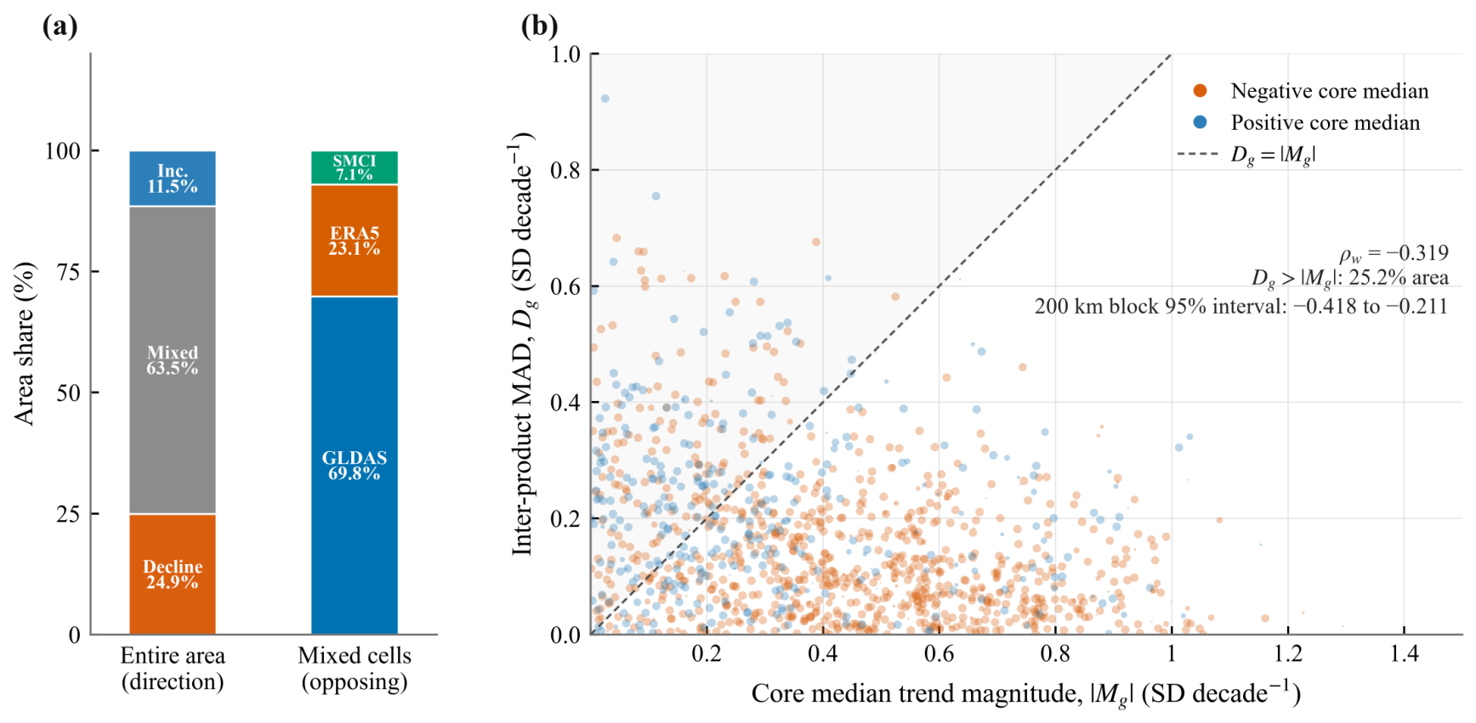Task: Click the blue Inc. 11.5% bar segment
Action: [x=173, y=178]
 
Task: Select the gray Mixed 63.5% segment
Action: [x=173, y=359]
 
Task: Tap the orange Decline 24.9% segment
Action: [x=173, y=574]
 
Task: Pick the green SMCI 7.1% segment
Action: [x=355, y=167]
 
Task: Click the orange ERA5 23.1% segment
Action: [x=355, y=240]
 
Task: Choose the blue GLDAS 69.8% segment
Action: [x=355, y=466]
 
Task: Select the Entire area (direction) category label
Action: [x=173, y=669]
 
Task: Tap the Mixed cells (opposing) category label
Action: [x=355, y=669]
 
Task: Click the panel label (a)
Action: [x=60, y=26]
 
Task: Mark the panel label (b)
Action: [x=539, y=26]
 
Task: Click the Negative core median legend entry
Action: [x=1310, y=91]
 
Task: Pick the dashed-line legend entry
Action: [x=1247, y=155]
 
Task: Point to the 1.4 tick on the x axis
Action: [x=1405, y=653]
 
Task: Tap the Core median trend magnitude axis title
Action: [x=1026, y=693]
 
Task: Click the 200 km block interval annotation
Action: [x=1241, y=307]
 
